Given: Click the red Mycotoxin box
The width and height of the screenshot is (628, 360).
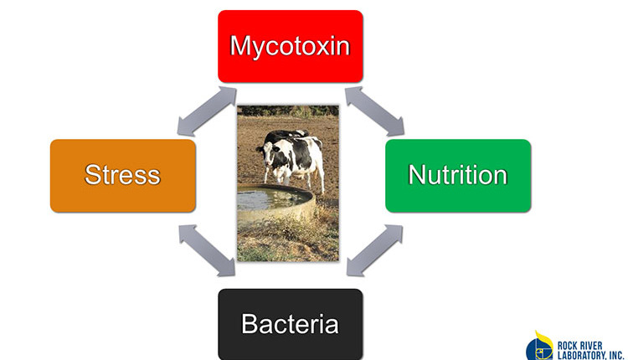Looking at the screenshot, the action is (x=291, y=46).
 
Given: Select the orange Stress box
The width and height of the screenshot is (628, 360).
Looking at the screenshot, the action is (x=123, y=176).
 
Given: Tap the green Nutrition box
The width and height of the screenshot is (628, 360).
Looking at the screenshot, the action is (x=458, y=176).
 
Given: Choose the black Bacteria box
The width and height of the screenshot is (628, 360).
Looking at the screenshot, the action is (x=291, y=324).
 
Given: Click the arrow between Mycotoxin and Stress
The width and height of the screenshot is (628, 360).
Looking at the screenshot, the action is (x=207, y=111).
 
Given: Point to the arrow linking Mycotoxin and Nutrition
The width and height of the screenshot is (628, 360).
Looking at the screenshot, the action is (x=374, y=111).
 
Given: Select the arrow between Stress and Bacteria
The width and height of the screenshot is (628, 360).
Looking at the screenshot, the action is (x=207, y=250).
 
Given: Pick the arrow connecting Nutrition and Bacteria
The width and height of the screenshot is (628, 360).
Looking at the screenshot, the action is (x=374, y=250).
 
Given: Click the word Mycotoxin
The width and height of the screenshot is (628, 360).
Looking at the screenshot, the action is (x=290, y=47).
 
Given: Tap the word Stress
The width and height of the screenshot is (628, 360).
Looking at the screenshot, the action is (x=122, y=175).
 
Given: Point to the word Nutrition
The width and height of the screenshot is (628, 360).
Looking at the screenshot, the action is (x=458, y=175).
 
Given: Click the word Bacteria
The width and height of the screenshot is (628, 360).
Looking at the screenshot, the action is (x=290, y=323).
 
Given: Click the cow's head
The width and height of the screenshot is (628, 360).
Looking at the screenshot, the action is (x=266, y=154).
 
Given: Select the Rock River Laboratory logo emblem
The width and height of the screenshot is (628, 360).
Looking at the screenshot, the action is (x=539, y=347).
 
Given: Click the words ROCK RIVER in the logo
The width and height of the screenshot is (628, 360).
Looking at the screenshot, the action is (x=580, y=346).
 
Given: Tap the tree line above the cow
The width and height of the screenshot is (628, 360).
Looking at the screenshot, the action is (x=288, y=111).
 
